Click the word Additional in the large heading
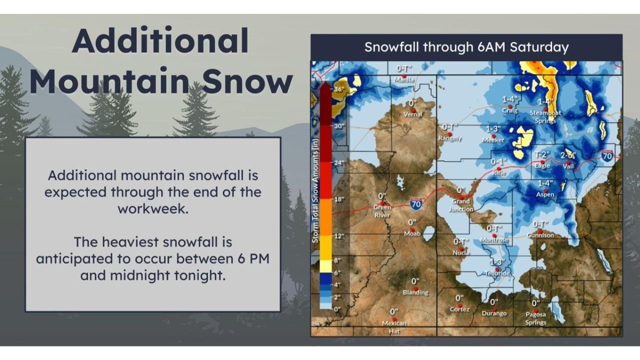click(x=160, y=41)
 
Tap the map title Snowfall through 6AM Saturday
click(x=466, y=47)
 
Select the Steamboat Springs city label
click(x=545, y=116)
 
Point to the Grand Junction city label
click(x=460, y=205)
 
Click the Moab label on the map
click(x=412, y=233)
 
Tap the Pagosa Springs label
click(x=535, y=318)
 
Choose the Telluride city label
click(x=497, y=274)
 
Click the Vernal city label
click(x=413, y=114)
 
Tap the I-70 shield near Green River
click(x=415, y=203)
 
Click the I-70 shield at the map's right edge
click(x=607, y=155)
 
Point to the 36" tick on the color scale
click(x=339, y=89)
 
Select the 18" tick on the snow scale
click(x=339, y=199)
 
